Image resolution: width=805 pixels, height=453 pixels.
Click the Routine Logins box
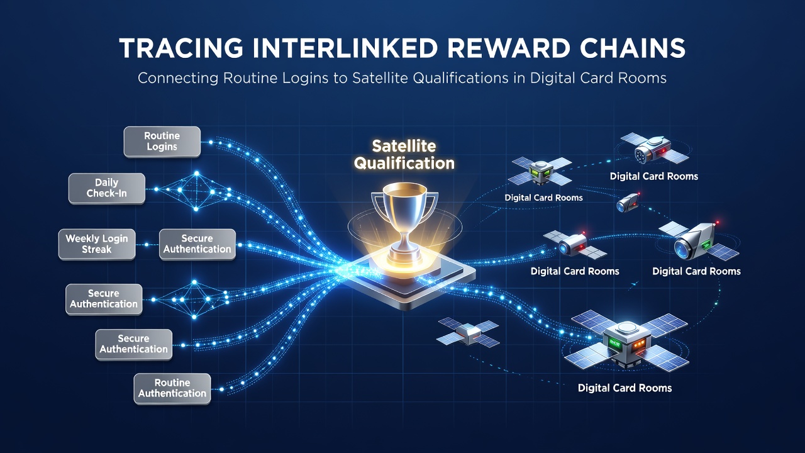162,142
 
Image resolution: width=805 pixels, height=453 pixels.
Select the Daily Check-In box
107,188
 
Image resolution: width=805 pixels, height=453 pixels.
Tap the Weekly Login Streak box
97,244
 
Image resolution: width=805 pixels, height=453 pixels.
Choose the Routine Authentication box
172,389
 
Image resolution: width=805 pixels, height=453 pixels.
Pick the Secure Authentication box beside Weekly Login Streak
197,244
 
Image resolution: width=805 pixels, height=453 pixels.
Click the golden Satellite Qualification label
404,155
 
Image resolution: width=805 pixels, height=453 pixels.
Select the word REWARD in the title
509,48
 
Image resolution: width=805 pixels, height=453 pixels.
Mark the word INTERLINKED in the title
345,48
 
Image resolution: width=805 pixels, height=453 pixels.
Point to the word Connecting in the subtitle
178,79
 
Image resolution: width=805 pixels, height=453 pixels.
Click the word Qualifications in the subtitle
460,79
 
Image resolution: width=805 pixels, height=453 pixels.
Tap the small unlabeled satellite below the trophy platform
467,332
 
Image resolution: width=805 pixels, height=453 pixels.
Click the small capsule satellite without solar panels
628,202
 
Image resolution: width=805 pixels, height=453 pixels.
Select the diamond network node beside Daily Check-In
196,191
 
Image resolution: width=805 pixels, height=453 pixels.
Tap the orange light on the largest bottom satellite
638,345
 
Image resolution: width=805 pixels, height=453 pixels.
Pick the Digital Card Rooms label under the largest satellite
625,388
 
